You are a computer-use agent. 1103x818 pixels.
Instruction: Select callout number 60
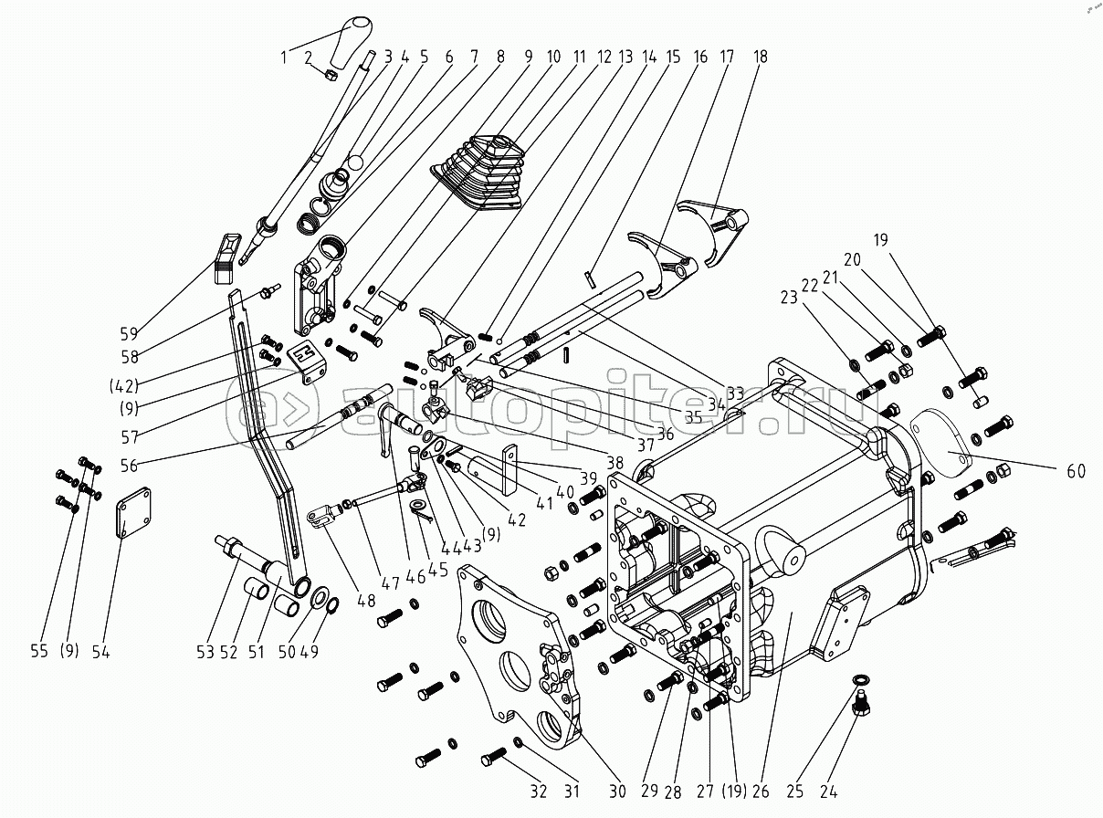pyautogui.click(x=1076, y=471)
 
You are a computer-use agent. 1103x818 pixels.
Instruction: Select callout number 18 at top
pyautogui.click(x=760, y=57)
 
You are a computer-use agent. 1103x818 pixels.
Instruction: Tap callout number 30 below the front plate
pyautogui.click(x=617, y=791)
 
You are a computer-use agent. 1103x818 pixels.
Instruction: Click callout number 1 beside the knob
pyautogui.click(x=284, y=57)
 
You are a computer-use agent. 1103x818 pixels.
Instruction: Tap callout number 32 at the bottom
pyautogui.click(x=540, y=791)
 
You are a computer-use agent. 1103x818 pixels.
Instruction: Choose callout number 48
pyautogui.click(x=365, y=600)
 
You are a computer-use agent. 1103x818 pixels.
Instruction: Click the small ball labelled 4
pyautogui.click(x=355, y=162)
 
